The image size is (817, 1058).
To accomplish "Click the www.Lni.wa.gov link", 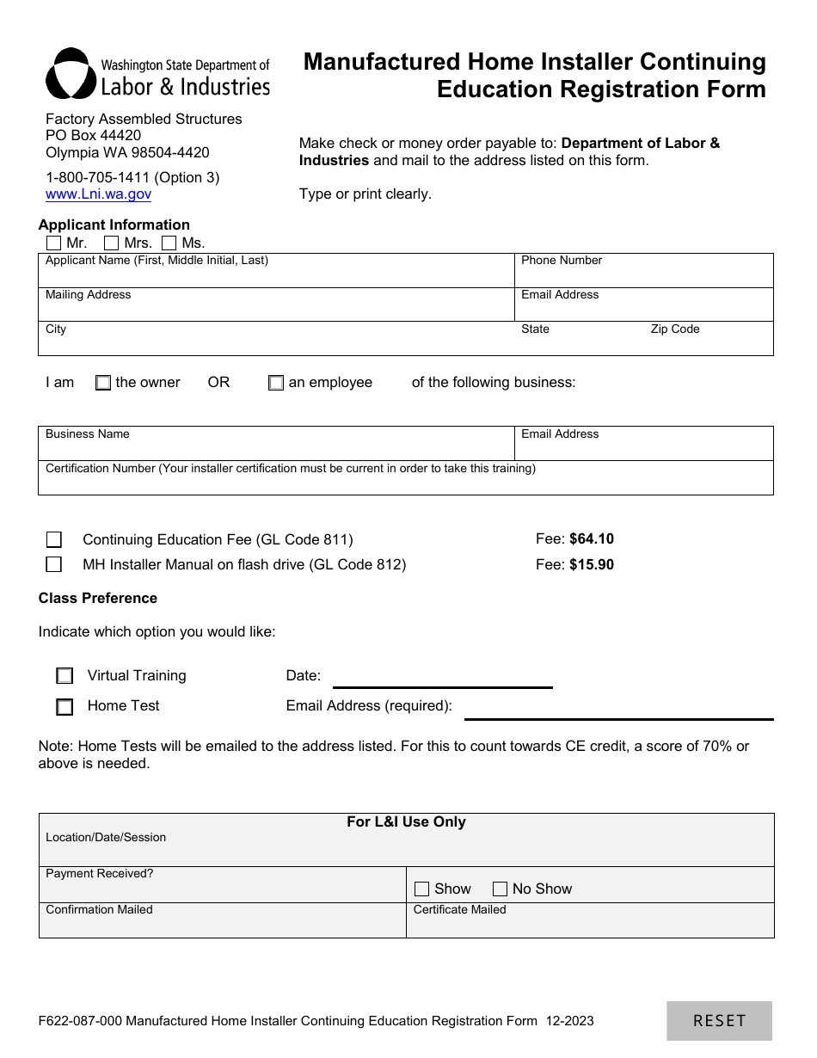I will (98, 194).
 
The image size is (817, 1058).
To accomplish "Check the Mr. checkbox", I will (54, 243).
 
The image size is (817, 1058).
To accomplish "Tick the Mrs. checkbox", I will (111, 243).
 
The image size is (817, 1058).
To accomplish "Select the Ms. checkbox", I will (169, 243).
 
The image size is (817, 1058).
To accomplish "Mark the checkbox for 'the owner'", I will (103, 383).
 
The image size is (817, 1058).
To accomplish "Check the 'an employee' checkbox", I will (276, 383).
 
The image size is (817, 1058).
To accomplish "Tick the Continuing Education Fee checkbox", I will (54, 540).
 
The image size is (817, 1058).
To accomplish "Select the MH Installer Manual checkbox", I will (54, 565).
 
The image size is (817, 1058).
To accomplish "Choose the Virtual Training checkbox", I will (64, 676).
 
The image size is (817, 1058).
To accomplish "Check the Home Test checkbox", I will (64, 707).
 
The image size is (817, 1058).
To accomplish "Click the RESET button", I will (719, 1021).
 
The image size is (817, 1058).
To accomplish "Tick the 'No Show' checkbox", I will (500, 889).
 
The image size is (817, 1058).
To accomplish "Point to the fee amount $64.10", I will (592, 539).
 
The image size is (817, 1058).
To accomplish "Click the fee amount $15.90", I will (592, 565).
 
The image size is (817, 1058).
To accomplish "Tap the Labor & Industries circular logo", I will (71, 74).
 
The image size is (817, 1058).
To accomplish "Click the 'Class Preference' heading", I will (98, 599).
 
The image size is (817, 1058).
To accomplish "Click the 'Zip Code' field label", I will (675, 329).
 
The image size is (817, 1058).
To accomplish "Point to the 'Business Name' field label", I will (88, 434).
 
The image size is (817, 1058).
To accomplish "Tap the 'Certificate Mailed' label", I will (460, 910).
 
